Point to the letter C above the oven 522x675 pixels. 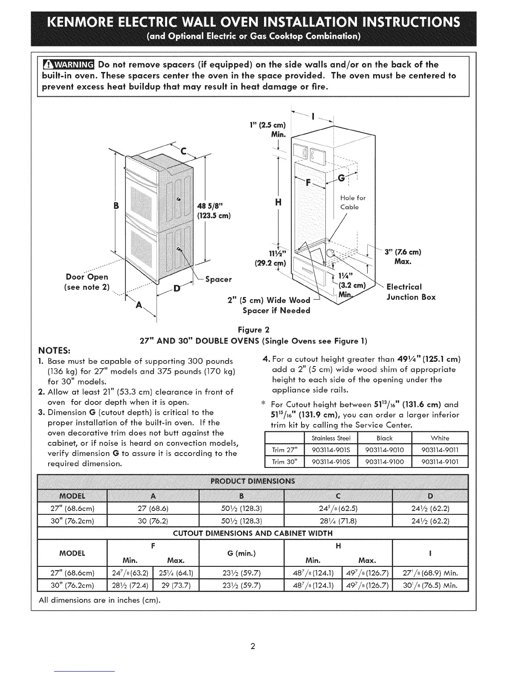184,151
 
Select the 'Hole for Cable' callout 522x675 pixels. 353,202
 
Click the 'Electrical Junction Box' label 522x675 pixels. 411,292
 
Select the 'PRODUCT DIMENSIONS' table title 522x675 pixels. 253,482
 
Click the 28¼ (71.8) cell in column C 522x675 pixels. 337,521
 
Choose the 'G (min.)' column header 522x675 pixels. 241,554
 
